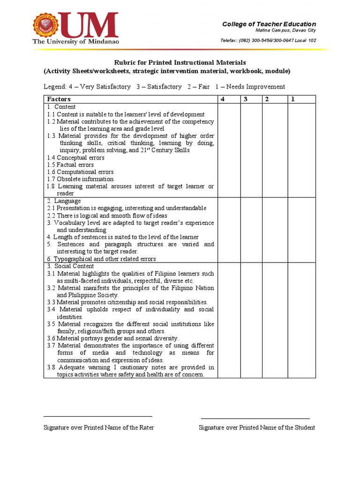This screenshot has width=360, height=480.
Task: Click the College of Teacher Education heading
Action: pyautogui.click(x=269, y=24)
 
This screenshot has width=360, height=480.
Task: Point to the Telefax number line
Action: pyautogui.click(x=268, y=40)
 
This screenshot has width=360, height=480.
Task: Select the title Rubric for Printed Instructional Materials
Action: pyautogui.click(x=180, y=62)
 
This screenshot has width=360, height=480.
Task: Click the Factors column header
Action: pyautogui.click(x=59, y=99)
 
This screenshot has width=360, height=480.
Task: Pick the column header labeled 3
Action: pyautogui.click(x=245, y=99)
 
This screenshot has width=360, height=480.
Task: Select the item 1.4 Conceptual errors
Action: pyautogui.click(x=75, y=157)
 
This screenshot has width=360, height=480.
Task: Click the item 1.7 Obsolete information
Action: pyautogui.click(x=80, y=179)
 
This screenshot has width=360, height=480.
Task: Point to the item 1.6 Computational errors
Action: pyautogui.click(x=80, y=172)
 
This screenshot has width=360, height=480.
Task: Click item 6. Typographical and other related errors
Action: pyautogui.click(x=101, y=259)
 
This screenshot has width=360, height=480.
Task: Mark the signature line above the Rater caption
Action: pyautogui.click(x=98, y=416)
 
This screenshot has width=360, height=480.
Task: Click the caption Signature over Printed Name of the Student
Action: pyautogui.click(x=256, y=427)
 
